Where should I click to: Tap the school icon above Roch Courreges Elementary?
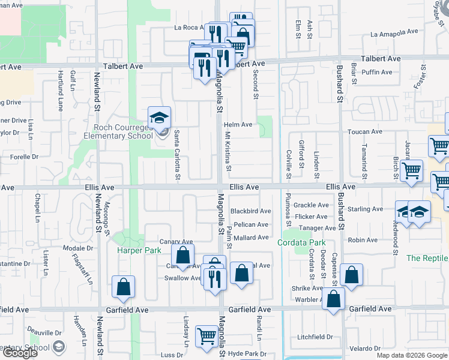tap(159, 118)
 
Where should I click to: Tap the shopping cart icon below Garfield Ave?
tap(207, 336)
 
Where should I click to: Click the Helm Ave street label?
tap(238, 125)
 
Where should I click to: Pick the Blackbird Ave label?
tap(250, 211)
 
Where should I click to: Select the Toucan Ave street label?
tap(364, 131)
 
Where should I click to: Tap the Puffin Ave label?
tap(377, 73)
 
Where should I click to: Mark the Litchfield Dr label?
tap(315, 337)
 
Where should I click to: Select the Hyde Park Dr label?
tap(247, 354)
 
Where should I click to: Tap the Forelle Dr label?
tap(24, 157)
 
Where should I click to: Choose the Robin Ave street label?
tap(363, 240)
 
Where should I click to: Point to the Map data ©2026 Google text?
tap(411, 355)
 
